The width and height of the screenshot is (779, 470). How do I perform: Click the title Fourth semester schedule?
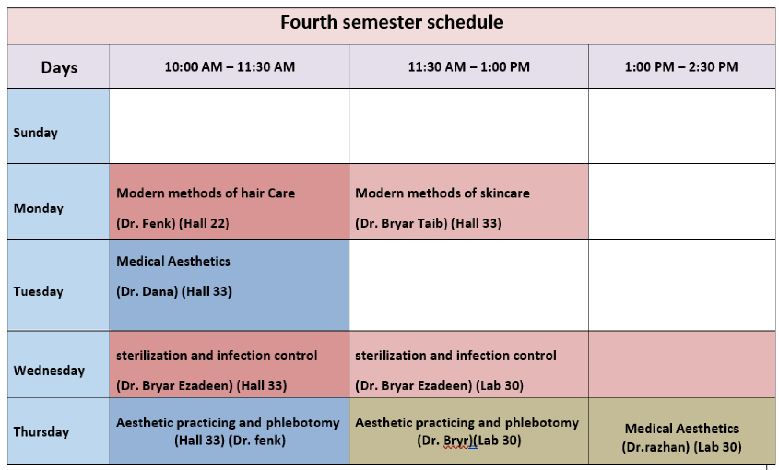pyautogui.click(x=392, y=22)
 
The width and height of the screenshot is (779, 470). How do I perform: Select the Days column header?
pyautogui.click(x=59, y=68)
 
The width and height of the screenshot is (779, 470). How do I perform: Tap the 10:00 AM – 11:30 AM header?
pyautogui.click(x=230, y=67)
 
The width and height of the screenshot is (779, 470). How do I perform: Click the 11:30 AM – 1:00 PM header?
pyautogui.click(x=469, y=67)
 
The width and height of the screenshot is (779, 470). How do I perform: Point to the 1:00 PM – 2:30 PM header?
pyautogui.click(x=681, y=67)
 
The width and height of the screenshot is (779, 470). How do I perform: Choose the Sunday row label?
pyautogui.click(x=36, y=133)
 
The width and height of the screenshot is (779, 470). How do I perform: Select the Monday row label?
pyautogui.click(x=39, y=208)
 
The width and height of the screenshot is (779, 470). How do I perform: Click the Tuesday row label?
pyautogui.click(x=39, y=291)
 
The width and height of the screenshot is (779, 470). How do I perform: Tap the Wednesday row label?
pyautogui.click(x=49, y=371)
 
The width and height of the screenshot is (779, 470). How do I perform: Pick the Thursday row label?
pyautogui.click(x=41, y=432)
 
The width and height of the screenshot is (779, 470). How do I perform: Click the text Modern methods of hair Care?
pyautogui.click(x=206, y=193)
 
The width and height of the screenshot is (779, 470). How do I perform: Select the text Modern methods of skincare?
pyautogui.click(x=443, y=193)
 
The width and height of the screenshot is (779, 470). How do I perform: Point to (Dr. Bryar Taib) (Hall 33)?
pyautogui.click(x=429, y=223)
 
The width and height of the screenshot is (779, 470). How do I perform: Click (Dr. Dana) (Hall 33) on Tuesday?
pyautogui.click(x=174, y=291)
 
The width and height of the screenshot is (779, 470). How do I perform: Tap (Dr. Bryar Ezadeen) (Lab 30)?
pyautogui.click(x=440, y=386)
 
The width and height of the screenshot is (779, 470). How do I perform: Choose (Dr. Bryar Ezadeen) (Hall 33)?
pyautogui.click(x=202, y=386)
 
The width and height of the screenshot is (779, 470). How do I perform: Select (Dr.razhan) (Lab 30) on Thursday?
pyautogui.click(x=682, y=447)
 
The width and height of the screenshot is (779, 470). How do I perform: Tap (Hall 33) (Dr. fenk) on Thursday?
pyautogui.click(x=230, y=440)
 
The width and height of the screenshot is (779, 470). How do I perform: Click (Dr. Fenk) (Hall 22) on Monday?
pyautogui.click(x=173, y=223)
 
